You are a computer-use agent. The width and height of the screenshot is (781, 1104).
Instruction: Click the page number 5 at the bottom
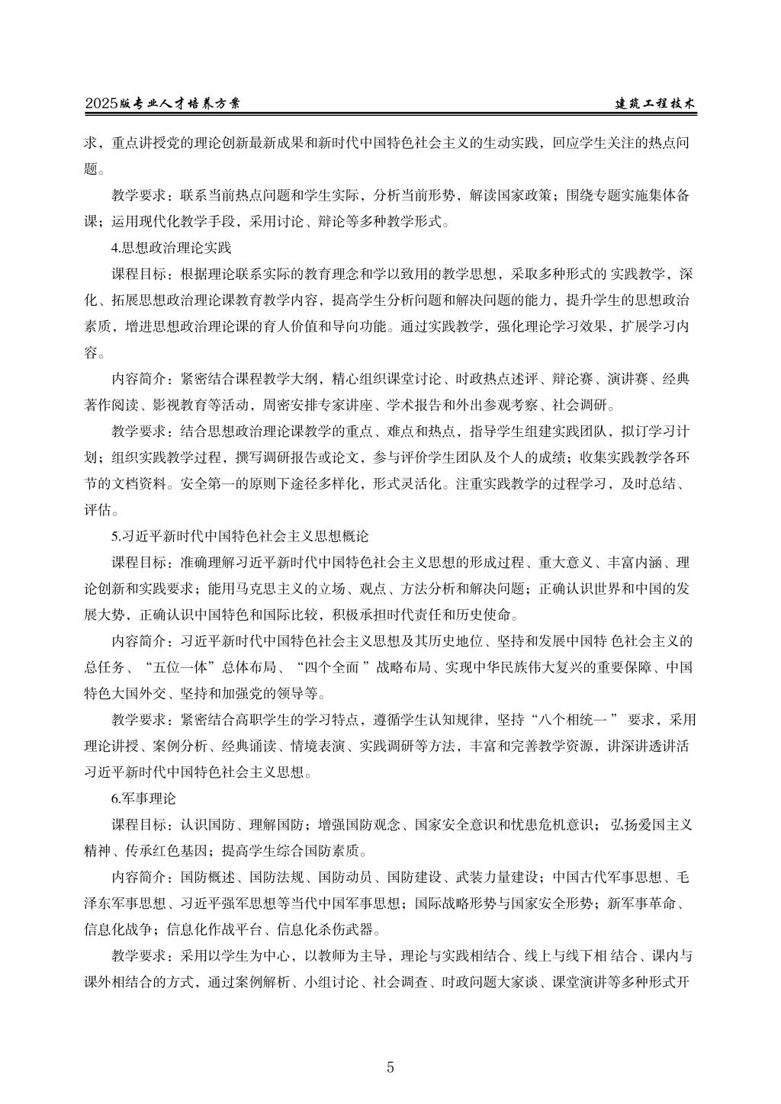tap(390, 1067)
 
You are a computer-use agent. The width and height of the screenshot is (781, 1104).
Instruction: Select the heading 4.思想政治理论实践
tap(171, 248)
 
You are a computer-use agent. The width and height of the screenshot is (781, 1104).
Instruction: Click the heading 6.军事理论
tap(143, 799)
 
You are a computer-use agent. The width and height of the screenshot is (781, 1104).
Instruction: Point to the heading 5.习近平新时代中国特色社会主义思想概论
tap(240, 537)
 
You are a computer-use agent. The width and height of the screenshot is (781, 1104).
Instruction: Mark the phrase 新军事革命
tap(642, 903)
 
